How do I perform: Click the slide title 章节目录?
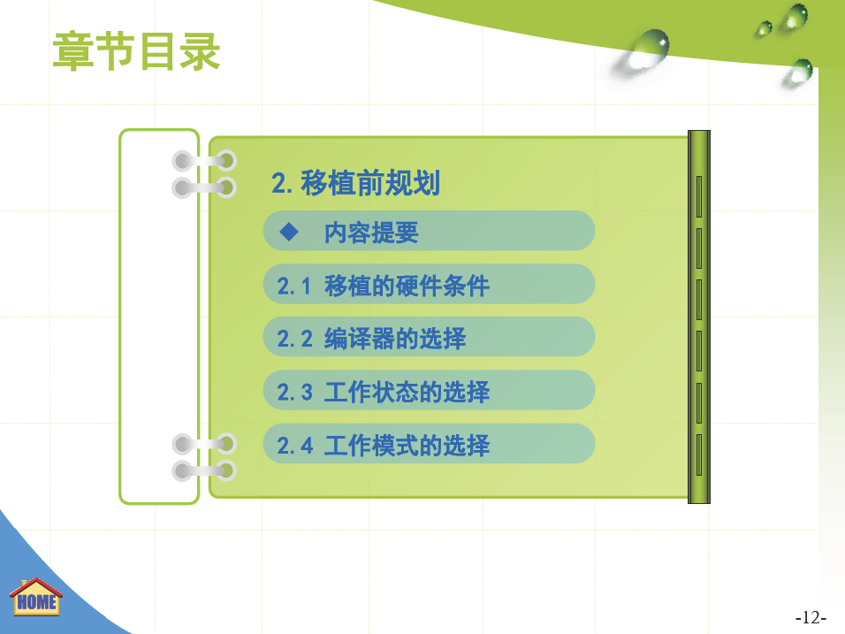136,51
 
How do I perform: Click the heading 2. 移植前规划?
355,183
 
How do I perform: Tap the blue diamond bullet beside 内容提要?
289,232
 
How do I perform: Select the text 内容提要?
371,233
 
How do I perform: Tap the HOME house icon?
36,597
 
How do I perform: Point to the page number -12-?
811,616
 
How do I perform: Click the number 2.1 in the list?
293,286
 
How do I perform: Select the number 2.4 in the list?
295,446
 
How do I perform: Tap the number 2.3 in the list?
295,393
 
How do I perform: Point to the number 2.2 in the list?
295,339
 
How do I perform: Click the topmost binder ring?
204,161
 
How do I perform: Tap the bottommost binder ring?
204,470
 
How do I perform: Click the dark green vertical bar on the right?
699,317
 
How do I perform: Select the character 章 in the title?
73,51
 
